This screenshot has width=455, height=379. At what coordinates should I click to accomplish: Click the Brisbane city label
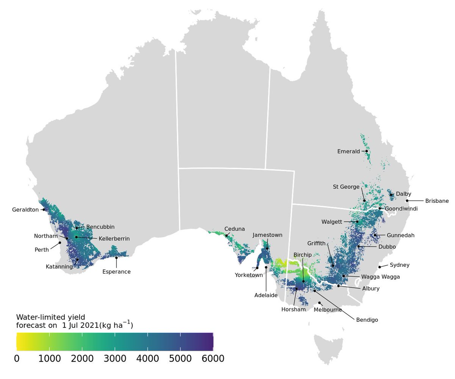(x=437, y=201)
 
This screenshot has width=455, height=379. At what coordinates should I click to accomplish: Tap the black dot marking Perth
(x=60, y=243)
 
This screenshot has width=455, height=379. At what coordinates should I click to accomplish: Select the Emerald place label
(x=348, y=152)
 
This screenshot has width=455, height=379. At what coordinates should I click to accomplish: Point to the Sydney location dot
(x=380, y=267)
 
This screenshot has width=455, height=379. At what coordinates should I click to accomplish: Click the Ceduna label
(x=235, y=229)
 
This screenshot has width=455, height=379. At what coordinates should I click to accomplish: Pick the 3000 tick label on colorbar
(x=115, y=358)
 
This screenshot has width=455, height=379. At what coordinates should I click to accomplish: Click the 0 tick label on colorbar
(x=17, y=358)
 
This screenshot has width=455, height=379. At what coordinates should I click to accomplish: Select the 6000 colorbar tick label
(x=213, y=358)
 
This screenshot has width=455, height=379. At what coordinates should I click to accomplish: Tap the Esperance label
(x=116, y=272)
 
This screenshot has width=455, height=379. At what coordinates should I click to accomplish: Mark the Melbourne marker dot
(x=320, y=303)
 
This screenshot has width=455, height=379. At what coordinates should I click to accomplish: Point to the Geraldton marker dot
(x=44, y=209)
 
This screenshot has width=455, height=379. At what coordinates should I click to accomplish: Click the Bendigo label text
(x=367, y=320)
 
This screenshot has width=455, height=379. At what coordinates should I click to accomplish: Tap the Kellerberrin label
(x=114, y=239)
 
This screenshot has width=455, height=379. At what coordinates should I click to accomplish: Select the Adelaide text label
(x=266, y=295)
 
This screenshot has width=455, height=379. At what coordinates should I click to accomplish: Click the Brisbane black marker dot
(x=407, y=201)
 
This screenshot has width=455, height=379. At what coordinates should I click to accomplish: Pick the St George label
(x=346, y=186)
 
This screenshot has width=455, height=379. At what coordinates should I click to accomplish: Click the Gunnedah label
(x=401, y=235)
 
